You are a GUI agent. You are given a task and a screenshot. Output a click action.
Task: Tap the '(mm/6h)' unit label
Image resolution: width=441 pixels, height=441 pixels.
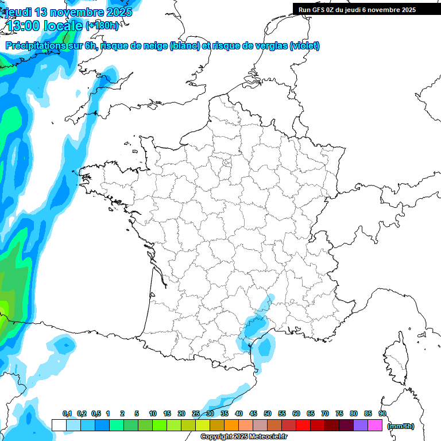click(x=400, y=425)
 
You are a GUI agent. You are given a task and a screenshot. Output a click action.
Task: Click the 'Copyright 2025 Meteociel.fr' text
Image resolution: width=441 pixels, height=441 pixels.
click(x=243, y=437)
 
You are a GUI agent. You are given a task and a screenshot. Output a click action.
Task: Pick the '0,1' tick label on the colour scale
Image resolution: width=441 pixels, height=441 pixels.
click(x=67, y=414)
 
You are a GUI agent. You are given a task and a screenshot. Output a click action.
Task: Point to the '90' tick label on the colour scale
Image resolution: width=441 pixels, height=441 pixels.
click(x=382, y=414)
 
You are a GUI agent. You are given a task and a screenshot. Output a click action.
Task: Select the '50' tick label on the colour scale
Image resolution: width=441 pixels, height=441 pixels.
click(x=268, y=414)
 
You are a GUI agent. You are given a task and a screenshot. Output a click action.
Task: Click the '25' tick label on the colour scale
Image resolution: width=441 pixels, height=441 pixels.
click(x=196, y=414)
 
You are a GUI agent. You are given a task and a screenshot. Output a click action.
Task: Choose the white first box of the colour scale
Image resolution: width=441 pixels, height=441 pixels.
click(x=59, y=425)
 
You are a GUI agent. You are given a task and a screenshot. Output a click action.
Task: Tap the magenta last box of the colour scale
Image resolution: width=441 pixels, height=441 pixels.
click(x=375, y=425)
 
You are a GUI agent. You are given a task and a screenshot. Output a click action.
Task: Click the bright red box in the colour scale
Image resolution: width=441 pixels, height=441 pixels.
click(x=303, y=425)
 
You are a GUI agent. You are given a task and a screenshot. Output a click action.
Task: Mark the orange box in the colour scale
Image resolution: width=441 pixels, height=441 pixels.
click(x=231, y=425)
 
